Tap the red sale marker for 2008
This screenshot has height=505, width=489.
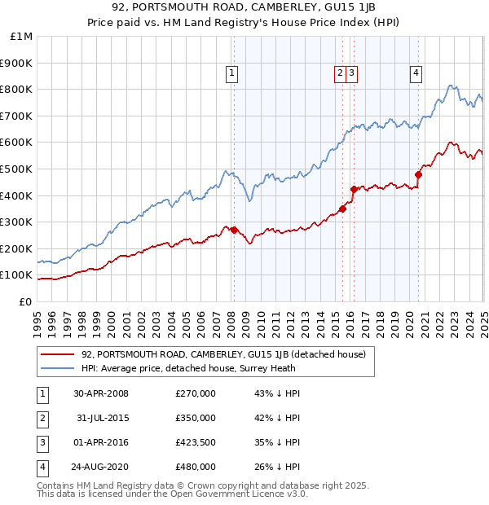(x=234, y=230)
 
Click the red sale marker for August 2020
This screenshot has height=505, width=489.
(x=418, y=173)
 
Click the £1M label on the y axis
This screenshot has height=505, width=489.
(x=22, y=37)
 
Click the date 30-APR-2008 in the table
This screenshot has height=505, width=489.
(x=100, y=393)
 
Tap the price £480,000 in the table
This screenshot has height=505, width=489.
(x=196, y=467)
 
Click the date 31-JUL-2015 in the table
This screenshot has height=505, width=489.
(x=100, y=418)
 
